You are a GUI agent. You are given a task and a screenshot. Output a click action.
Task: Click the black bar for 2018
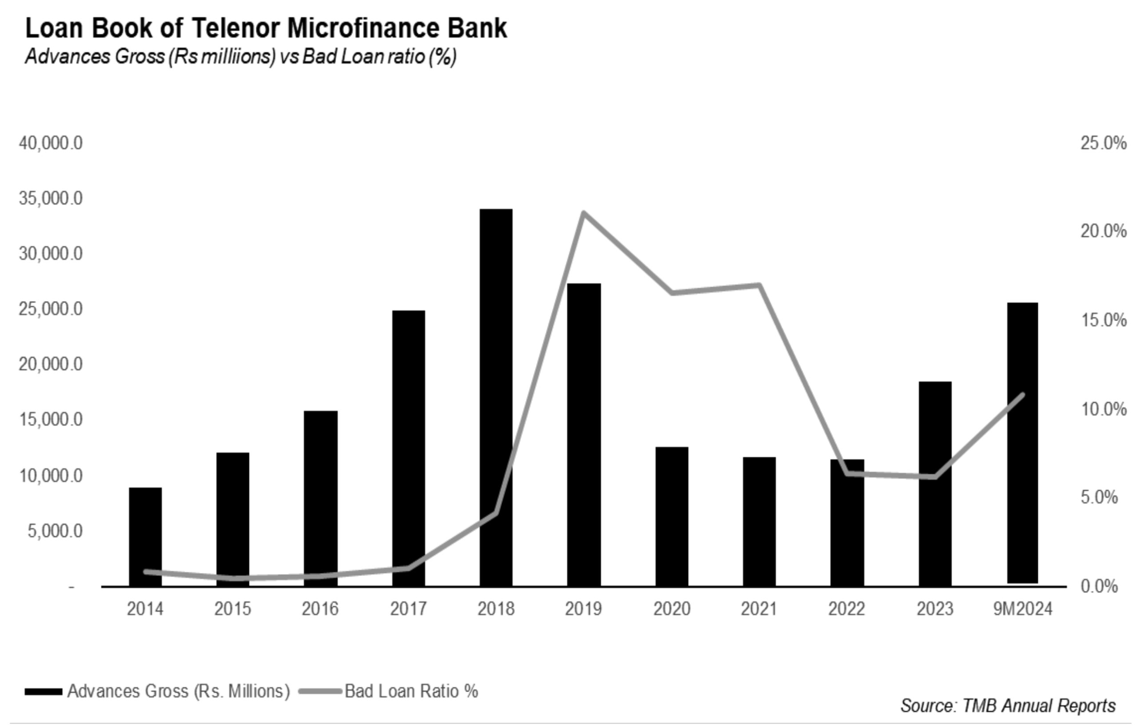496,397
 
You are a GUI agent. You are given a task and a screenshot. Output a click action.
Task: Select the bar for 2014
145,537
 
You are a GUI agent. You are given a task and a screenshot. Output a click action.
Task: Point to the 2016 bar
321,498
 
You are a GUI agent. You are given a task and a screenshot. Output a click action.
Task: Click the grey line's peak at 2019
584,213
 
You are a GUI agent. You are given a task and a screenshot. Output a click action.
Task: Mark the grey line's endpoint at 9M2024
1023,395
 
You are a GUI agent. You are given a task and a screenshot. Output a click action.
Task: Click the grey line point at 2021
759,285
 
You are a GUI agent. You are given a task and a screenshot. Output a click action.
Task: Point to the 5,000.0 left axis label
55,531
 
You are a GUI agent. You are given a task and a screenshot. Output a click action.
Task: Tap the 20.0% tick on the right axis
1102,231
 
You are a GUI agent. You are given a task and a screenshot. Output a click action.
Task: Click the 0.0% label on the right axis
1099,586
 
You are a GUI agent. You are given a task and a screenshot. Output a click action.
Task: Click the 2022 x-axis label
846,609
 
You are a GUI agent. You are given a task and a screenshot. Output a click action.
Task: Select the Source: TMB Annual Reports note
1008,706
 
